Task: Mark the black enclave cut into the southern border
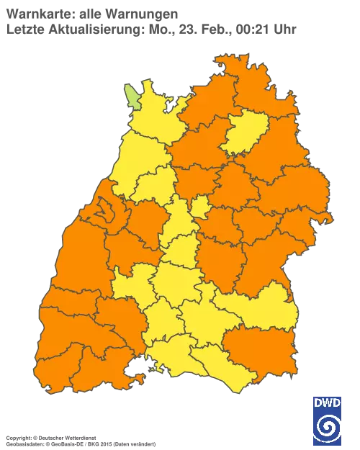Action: point(132,372)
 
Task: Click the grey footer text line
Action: point(79,437)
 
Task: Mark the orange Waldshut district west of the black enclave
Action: point(101,364)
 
